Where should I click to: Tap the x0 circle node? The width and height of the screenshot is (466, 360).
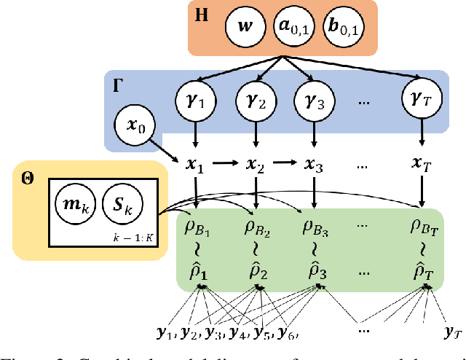138,129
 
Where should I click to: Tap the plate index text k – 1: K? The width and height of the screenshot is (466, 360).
129,237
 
